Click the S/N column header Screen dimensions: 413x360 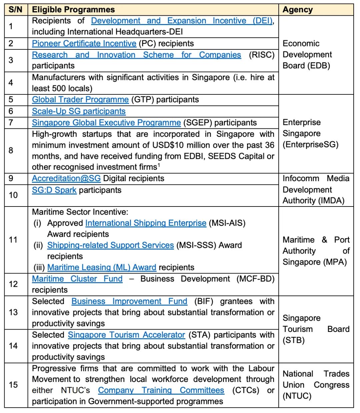16,10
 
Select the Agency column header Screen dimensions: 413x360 297,10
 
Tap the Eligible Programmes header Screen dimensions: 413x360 73,10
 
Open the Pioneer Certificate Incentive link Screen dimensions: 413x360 84,43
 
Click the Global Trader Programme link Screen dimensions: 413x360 80,99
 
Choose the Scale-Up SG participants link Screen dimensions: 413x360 79,111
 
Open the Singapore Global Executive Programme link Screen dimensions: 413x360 106,122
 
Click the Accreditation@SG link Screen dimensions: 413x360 66,178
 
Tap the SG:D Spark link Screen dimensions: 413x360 54,190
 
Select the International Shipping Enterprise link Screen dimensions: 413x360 146,223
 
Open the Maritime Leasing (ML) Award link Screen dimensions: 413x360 102,267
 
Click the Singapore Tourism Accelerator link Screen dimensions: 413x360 126,335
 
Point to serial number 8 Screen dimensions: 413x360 11,150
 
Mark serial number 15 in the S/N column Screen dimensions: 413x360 13,385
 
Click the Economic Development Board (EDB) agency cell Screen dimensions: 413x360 307,54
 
